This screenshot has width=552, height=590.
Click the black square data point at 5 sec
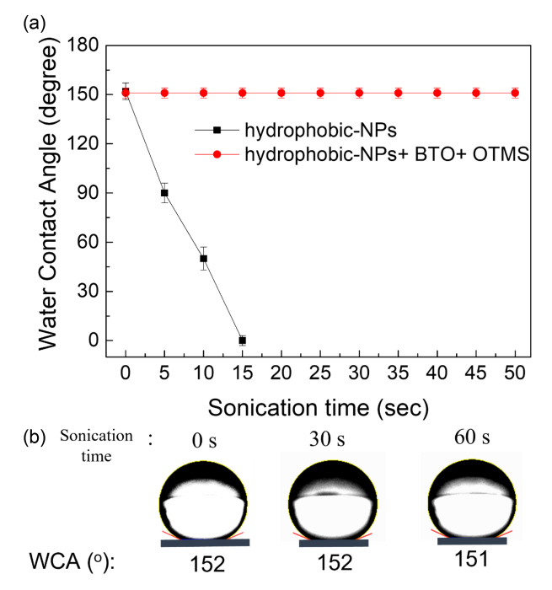point(164,193)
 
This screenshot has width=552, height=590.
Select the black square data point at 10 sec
point(203,259)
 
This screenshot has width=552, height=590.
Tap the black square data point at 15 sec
point(242,341)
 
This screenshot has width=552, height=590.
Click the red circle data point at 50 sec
point(515,93)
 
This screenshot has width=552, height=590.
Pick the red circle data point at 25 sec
point(320,93)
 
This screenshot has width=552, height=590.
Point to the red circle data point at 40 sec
point(437,93)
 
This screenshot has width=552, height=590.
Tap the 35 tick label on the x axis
point(398,371)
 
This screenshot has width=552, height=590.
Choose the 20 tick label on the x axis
point(281,371)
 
